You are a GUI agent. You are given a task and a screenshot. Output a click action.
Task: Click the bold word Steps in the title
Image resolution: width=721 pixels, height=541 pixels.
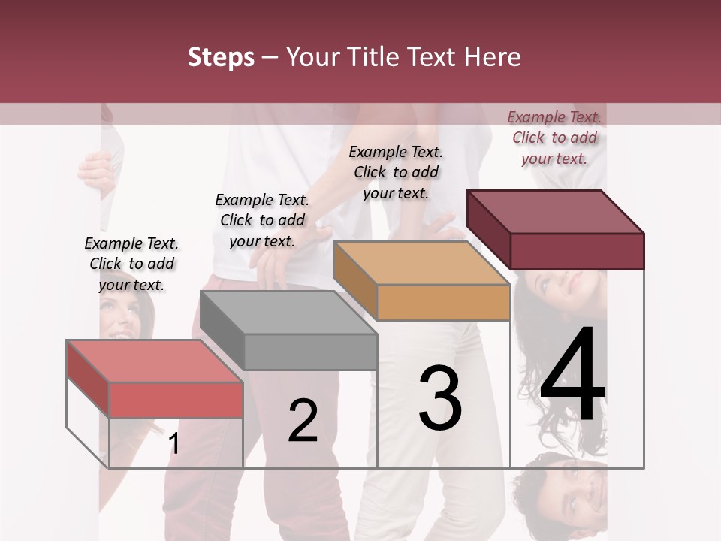(221, 57)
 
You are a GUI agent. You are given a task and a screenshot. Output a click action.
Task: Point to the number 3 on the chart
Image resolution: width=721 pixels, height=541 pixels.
(440, 398)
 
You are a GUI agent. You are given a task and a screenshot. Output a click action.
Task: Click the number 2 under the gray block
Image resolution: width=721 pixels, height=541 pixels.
(303, 421)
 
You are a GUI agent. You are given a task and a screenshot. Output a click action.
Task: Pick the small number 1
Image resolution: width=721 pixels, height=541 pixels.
(173, 443)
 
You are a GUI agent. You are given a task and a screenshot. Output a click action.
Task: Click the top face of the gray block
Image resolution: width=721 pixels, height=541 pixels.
(288, 312)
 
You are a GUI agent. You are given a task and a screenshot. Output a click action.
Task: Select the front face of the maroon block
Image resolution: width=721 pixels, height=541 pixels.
(577, 250)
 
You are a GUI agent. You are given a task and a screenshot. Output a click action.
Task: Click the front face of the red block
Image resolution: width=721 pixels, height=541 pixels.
(176, 399)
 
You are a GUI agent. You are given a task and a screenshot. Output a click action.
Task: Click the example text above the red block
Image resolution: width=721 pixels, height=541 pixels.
(131, 264)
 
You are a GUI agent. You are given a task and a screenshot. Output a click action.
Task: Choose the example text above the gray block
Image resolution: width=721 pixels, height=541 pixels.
(262, 220)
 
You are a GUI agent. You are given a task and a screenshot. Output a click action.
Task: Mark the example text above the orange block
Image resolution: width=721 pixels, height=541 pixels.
(396, 172)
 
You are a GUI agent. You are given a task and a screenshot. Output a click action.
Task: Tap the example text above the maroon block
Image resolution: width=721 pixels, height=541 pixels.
(554, 138)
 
